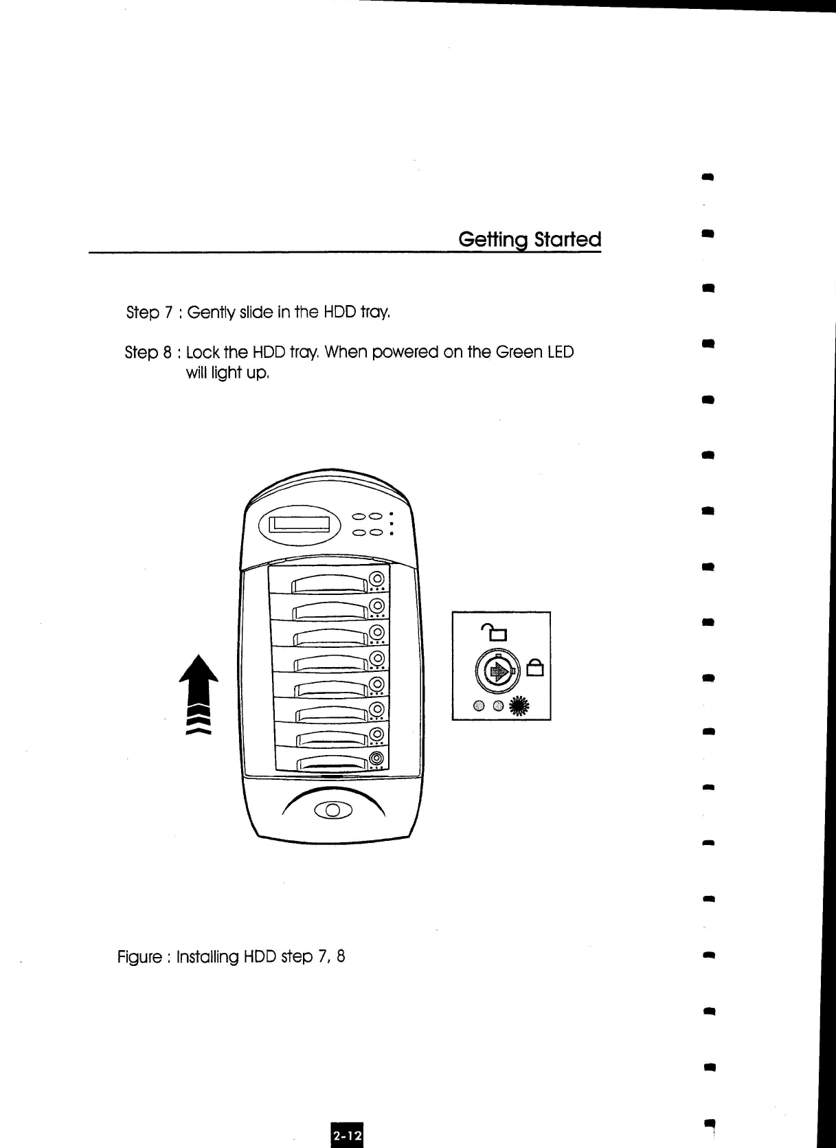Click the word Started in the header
[x=567, y=239]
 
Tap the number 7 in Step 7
[x=168, y=313]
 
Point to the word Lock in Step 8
[x=202, y=352]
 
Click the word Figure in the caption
[x=139, y=957]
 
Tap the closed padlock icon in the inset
[x=535, y=667]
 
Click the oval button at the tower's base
[x=332, y=811]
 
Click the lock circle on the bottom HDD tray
[x=376, y=758]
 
